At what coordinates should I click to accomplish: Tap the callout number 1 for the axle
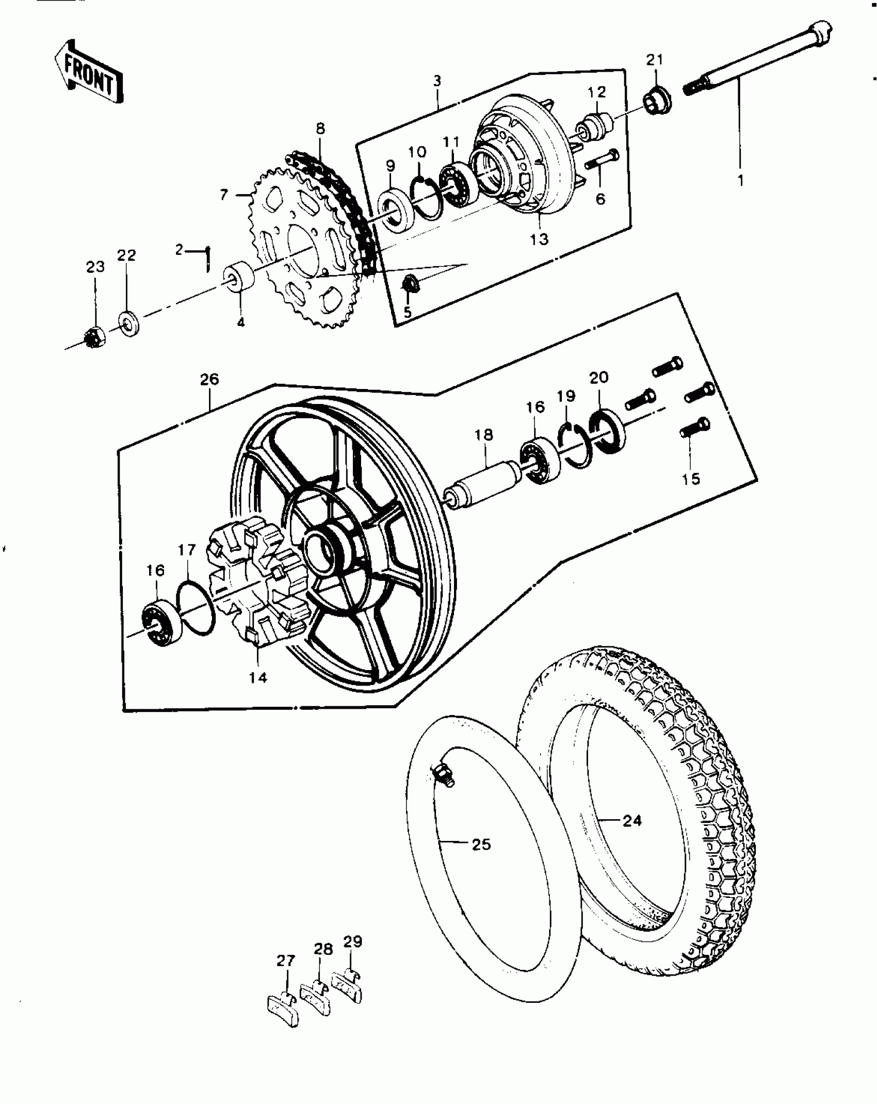click(740, 181)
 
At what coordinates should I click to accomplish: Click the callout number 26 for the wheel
click(209, 379)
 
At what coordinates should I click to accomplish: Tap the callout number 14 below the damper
click(258, 677)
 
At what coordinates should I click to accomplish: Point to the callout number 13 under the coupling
click(540, 239)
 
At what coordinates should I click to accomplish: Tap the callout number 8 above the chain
click(320, 128)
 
